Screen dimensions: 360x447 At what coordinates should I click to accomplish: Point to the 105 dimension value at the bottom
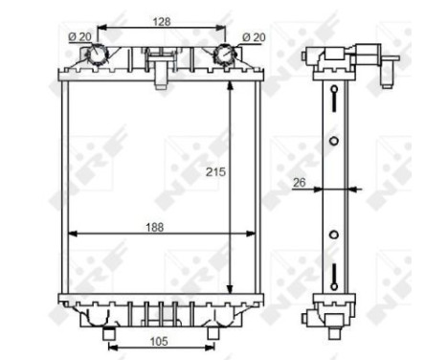159,341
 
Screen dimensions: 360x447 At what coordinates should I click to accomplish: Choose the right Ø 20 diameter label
253,37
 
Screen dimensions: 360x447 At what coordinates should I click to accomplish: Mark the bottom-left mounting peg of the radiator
108,332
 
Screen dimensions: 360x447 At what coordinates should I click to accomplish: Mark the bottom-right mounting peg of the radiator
213,332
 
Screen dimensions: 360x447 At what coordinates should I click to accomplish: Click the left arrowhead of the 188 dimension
68,234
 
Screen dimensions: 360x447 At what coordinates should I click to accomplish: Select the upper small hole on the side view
333,141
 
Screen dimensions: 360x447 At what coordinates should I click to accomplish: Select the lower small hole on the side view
333,234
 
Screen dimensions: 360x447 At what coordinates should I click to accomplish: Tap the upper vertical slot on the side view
333,99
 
